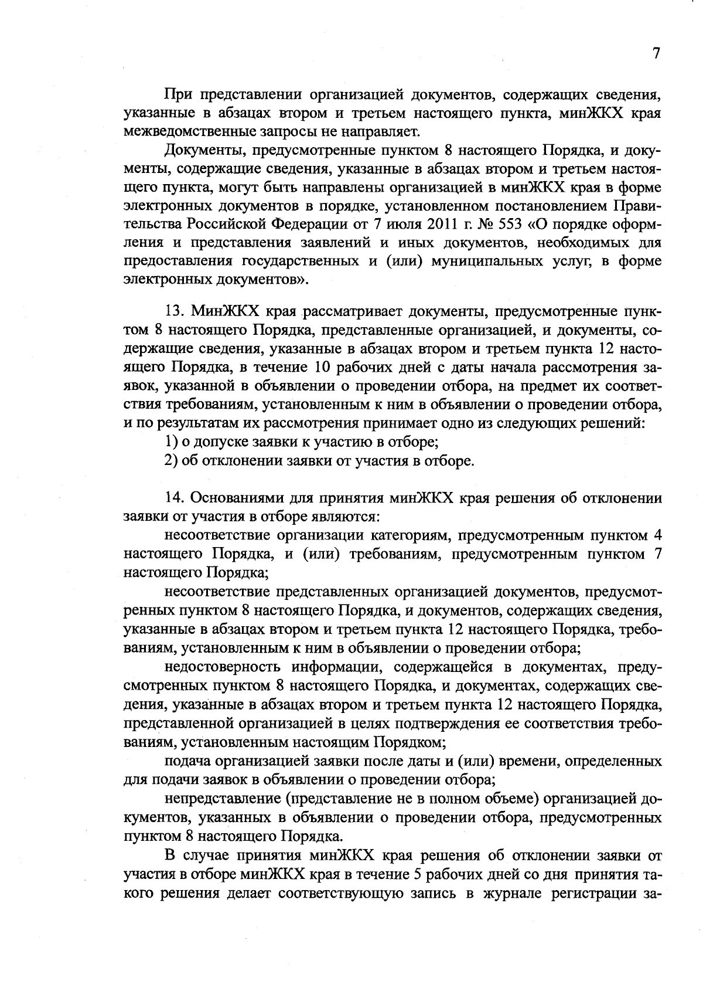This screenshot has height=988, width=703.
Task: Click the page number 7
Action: click(656, 53)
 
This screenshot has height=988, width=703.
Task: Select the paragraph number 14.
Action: click(174, 498)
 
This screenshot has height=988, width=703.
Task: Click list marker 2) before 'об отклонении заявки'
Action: click(170, 460)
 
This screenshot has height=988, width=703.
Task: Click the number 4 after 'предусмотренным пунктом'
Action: click(657, 535)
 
